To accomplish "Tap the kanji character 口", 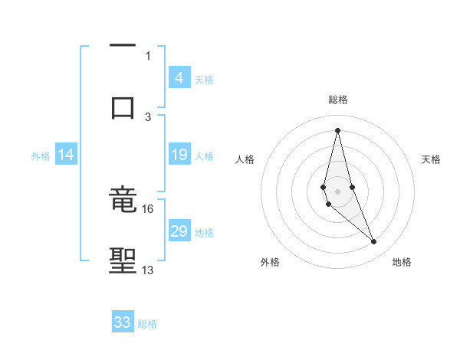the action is (x=123, y=106).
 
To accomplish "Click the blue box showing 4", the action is (x=179, y=77).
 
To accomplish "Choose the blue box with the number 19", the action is (x=179, y=155).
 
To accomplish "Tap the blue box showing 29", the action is (x=179, y=231).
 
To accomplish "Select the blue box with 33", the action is (x=123, y=322).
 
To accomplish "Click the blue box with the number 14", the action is (x=66, y=155).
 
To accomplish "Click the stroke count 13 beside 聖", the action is (x=148, y=270).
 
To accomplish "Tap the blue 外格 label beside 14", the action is (x=41, y=156).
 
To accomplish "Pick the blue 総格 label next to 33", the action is (x=147, y=324).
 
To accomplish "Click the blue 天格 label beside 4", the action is (x=204, y=79).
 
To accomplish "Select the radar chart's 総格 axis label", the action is (x=337, y=100).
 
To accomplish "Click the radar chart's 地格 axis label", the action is (x=402, y=262).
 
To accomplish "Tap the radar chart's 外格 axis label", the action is (x=270, y=262).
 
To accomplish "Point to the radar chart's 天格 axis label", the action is (x=432, y=159).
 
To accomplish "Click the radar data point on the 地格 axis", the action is (x=373, y=242).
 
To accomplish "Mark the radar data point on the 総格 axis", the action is (x=337, y=130).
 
